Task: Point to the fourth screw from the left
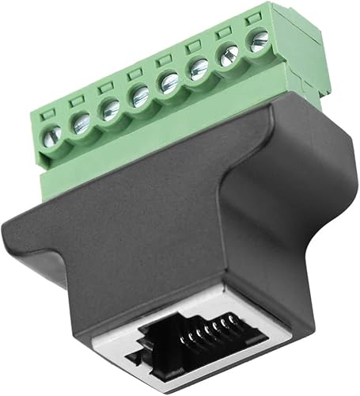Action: click(x=137, y=97)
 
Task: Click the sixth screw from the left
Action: click(x=196, y=71)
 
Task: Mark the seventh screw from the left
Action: click(x=228, y=56)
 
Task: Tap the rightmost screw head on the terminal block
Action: click(x=256, y=42)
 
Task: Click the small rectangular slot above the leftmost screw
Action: click(x=45, y=111)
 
